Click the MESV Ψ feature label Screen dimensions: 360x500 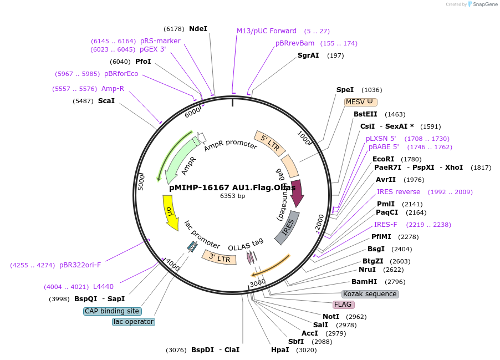point(361,102)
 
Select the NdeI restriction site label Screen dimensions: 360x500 point(198,29)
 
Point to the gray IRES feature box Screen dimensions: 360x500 point(287,227)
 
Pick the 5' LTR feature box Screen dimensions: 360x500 point(270,144)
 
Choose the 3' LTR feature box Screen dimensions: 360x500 point(216,257)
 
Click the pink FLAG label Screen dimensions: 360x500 point(343,305)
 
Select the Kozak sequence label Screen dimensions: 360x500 point(370,294)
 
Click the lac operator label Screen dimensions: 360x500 point(133,322)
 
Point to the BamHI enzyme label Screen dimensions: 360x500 point(364,282)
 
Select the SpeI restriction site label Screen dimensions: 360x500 point(345,90)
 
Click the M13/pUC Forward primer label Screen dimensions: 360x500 point(267,31)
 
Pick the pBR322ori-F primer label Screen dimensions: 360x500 point(80,265)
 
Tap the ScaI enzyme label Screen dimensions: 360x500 point(106,101)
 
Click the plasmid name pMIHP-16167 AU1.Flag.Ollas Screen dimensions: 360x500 point(232,187)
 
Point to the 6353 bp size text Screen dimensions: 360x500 point(232,196)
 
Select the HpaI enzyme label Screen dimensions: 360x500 point(280,350)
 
